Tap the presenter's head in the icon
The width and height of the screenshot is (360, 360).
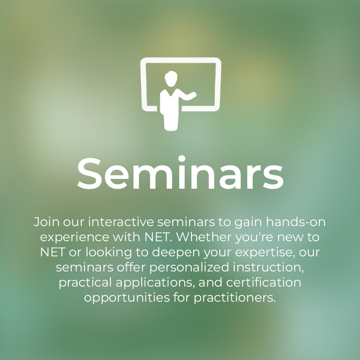[x=171, y=79]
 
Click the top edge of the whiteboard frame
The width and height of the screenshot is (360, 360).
[x=181, y=60]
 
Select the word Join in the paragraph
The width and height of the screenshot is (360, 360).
[x=46, y=222]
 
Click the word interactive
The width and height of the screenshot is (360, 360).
[x=121, y=222]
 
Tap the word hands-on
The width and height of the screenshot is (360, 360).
[x=296, y=222]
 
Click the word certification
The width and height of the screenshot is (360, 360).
[x=264, y=282]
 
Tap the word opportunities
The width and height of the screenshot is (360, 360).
[x=127, y=298]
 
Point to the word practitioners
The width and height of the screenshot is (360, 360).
[x=235, y=298]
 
